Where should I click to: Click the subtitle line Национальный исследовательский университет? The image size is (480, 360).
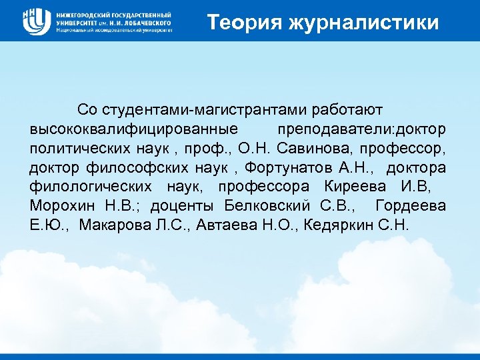(114, 30)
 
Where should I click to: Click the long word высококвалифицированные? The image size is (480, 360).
(134, 127)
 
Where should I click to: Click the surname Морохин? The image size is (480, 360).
(63, 205)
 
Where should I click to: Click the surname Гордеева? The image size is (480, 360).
(411, 205)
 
